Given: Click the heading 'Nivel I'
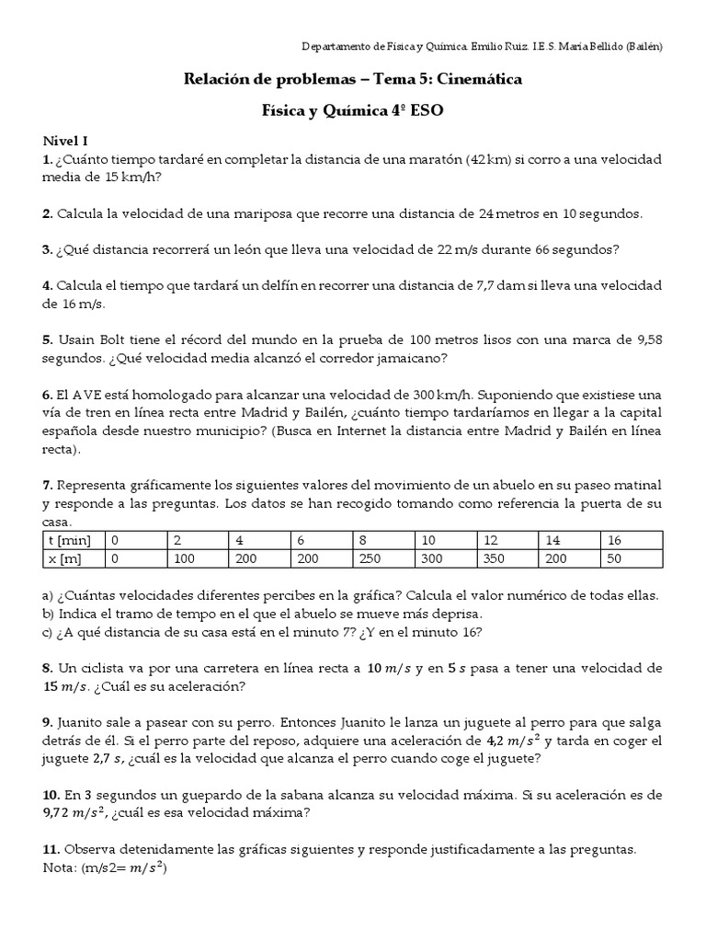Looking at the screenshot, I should coord(65,141).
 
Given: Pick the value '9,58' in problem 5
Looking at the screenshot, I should coord(648,339).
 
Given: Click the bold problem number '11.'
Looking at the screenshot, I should coord(52,848).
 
